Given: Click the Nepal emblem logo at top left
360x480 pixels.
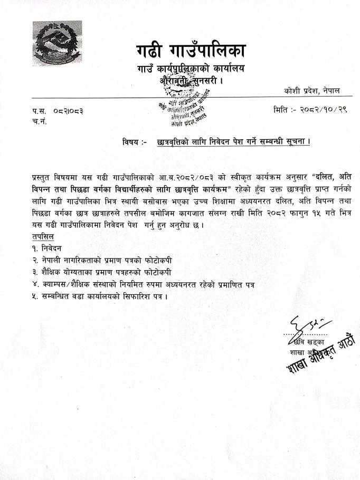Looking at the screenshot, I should click(x=57, y=43).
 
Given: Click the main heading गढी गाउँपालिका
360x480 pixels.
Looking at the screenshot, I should click(x=189, y=53).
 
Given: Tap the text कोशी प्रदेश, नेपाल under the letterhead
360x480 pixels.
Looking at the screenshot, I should click(x=311, y=91).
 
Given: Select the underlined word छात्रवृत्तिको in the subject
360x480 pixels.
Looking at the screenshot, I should click(x=176, y=142).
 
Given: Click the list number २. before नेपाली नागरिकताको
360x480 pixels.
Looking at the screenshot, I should click(x=35, y=261).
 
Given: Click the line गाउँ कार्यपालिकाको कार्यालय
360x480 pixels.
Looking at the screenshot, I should click(x=191, y=69).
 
